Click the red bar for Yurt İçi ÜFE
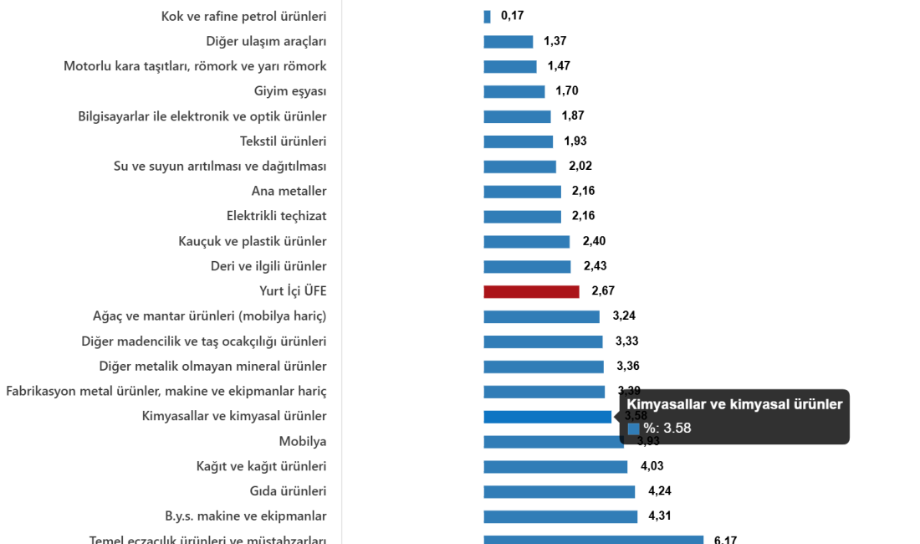pyautogui.click(x=531, y=292)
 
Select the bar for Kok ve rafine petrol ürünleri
pyautogui.click(x=487, y=17)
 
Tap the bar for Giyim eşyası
pyautogui.click(x=514, y=92)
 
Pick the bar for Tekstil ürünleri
pyautogui.click(x=518, y=142)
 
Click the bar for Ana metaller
pyautogui.click(x=522, y=192)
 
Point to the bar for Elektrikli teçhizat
pyautogui.click(x=522, y=217)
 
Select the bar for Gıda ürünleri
pyautogui.click(x=559, y=492)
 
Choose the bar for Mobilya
pyautogui.click(x=552, y=442)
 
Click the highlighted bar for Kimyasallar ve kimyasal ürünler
pyautogui.click(x=547, y=417)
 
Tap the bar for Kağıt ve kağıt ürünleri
pyautogui.click(x=555, y=467)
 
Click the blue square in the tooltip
pyautogui.click(x=634, y=429)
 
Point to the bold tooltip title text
pyautogui.click(x=734, y=404)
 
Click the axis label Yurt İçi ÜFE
pyautogui.click(x=293, y=291)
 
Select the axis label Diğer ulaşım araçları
pyautogui.click(x=266, y=41)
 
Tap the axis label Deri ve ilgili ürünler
pyautogui.click(x=268, y=266)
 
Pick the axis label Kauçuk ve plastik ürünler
pyautogui.click(x=253, y=241)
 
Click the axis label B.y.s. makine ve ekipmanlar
pyautogui.click(x=246, y=516)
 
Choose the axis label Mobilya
pyautogui.click(x=303, y=441)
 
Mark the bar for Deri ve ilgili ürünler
pyautogui.click(x=527, y=267)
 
